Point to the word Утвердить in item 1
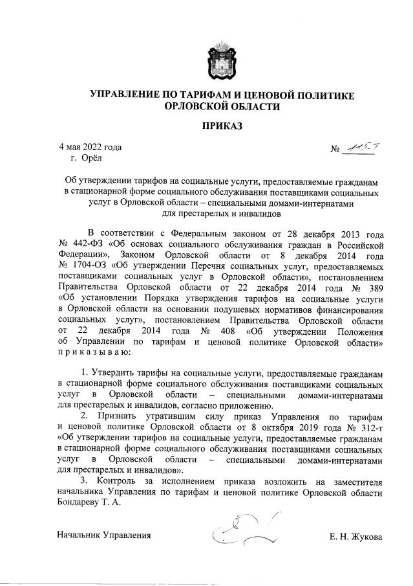coord(112,374)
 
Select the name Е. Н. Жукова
coord(355,537)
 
